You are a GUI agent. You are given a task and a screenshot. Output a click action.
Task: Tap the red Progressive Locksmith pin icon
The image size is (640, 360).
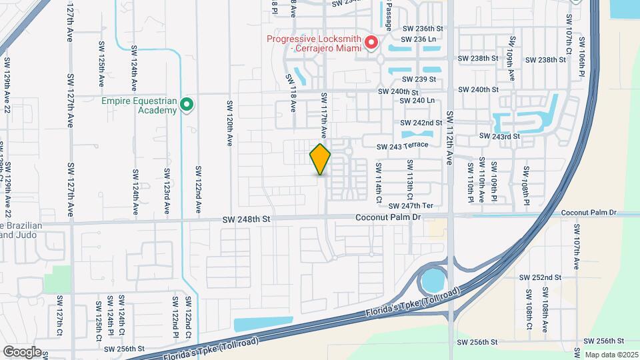[371, 43]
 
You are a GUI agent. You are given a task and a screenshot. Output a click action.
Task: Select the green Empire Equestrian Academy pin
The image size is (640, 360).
[187, 105]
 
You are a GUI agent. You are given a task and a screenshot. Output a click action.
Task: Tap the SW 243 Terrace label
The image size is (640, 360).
[402, 146]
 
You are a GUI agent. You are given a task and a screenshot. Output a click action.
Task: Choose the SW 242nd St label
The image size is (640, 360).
[421, 123]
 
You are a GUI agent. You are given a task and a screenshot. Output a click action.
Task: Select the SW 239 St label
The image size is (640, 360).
[422, 79]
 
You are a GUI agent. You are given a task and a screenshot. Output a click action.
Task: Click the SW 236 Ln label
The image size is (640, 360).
[419, 39]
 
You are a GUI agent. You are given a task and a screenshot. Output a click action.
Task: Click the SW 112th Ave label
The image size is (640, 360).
[449, 137]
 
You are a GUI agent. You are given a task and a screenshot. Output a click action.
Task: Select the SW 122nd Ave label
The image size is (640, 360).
[198, 186]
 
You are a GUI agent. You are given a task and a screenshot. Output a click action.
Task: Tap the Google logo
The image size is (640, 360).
[22, 351]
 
